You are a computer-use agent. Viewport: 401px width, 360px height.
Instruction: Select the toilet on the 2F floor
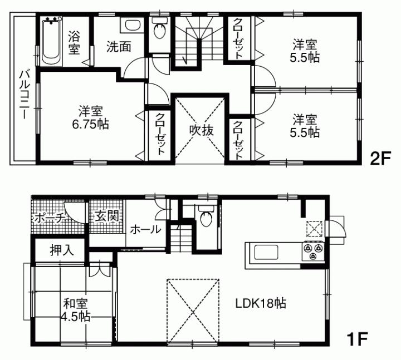160,28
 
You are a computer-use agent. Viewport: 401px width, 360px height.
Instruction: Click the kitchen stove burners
312,251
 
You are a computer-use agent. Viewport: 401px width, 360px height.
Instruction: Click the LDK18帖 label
261,304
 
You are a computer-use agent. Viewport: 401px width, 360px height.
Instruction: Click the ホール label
146,229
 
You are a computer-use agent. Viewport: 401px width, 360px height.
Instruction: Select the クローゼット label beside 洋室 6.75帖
160,134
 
